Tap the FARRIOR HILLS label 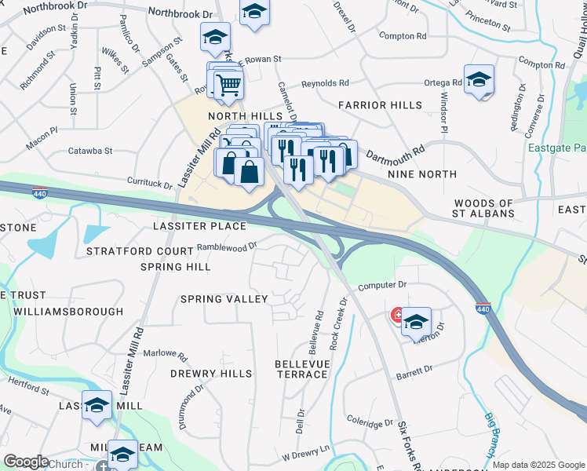coord(380,105)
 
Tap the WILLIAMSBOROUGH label coord(68,312)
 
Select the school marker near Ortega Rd coord(479,80)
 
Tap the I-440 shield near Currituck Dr coord(39,192)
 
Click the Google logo coord(26,462)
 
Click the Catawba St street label coord(90,150)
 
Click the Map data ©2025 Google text coord(538,465)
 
